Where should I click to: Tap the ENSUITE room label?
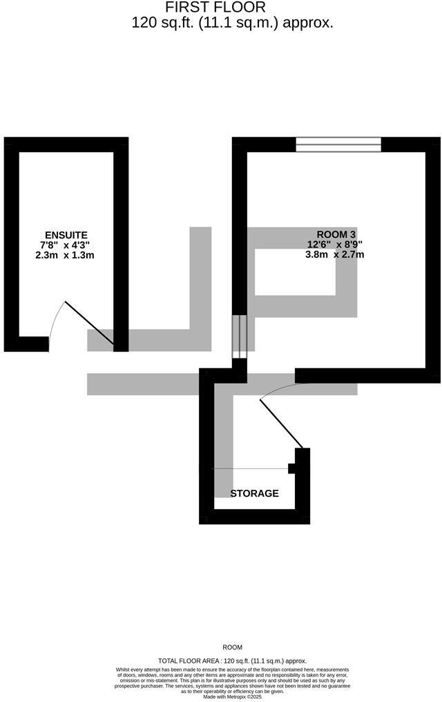pos(66,235)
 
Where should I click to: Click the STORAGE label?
pos(254,493)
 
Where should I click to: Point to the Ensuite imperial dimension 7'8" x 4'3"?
pos(65,245)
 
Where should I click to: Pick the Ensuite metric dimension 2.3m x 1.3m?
pos(65,255)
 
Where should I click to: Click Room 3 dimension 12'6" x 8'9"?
pos(335,244)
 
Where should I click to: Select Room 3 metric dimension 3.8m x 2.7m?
pos(335,254)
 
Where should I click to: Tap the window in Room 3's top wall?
pos(338,144)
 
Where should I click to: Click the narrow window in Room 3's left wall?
pos(239,337)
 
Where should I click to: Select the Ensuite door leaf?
pos(89,323)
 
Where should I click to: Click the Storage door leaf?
pos(282,423)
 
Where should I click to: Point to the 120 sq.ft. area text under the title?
pos(233,23)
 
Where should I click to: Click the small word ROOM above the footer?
pos(232,647)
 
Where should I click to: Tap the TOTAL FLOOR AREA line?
pos(232,661)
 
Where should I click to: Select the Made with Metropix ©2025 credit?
pos(232,696)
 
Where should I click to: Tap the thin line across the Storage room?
pos(249,468)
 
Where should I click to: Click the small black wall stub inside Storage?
pos(292,468)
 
